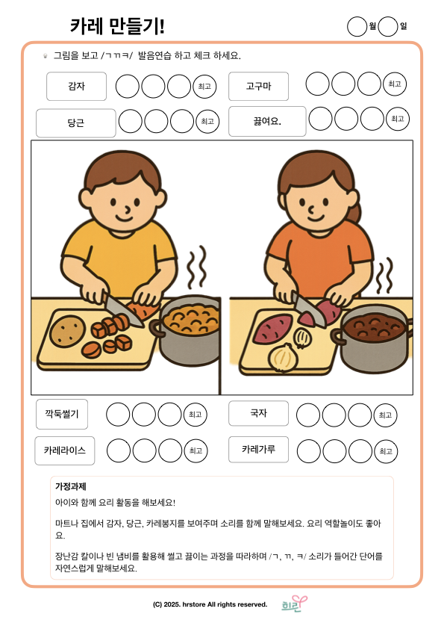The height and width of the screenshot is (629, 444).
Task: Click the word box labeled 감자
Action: [x=77, y=86]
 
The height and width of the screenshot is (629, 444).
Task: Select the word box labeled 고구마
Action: [x=258, y=86]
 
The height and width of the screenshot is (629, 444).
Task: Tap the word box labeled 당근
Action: [x=75, y=123]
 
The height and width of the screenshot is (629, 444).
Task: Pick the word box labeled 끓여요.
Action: [x=267, y=121]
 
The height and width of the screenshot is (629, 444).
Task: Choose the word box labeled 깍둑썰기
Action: [x=62, y=414]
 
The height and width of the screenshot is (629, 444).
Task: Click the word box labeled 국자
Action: [x=258, y=413]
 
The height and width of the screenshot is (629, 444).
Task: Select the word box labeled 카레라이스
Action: [x=65, y=450]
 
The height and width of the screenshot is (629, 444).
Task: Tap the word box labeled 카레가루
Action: [x=258, y=449]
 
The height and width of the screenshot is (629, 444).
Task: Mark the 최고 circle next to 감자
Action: [x=204, y=86]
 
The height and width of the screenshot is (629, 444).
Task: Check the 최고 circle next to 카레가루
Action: [x=386, y=451]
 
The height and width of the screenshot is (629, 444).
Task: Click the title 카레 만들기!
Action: [x=117, y=26]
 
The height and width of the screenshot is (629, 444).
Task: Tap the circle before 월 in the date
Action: [x=357, y=26]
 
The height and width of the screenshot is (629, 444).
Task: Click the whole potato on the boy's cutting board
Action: [x=67, y=331]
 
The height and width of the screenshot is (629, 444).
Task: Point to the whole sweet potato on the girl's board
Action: [x=273, y=328]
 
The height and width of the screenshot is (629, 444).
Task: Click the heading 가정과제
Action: [x=71, y=486]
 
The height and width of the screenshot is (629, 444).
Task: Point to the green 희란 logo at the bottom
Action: [x=294, y=604]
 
